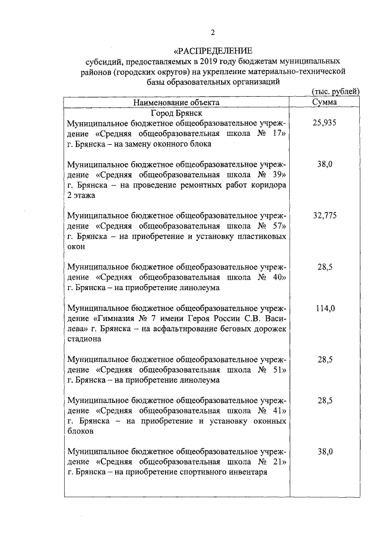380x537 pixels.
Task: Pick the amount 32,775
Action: click(325, 216)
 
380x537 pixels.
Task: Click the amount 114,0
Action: click(325, 309)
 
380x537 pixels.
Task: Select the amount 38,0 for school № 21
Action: click(325, 452)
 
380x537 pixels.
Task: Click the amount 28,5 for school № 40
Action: click(325, 268)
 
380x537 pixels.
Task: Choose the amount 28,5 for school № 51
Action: click(325, 360)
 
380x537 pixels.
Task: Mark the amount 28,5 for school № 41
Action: click(325, 401)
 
